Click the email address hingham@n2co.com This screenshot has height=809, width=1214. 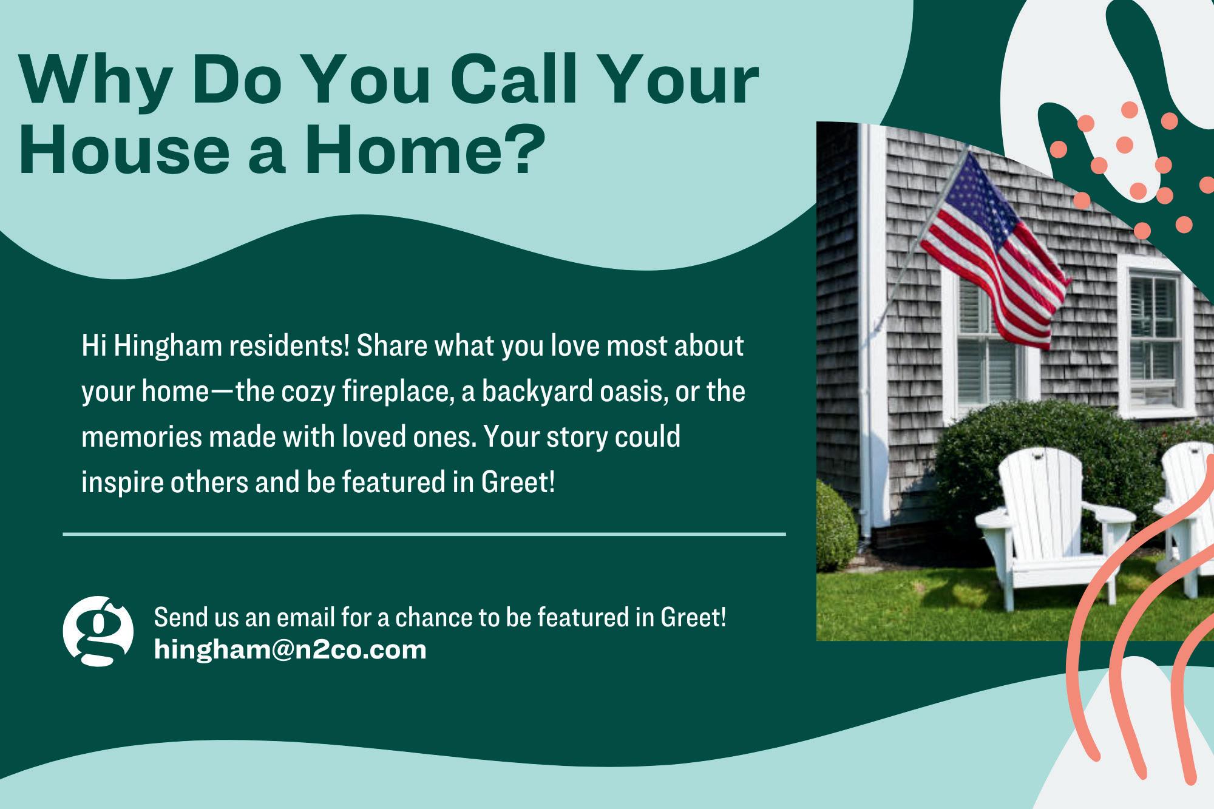(290, 650)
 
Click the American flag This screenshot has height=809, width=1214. (995, 250)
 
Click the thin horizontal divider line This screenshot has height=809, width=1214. (424, 535)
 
